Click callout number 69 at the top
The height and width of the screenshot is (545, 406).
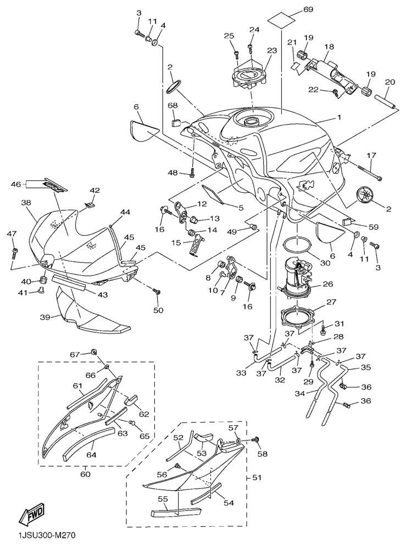pos(308,10)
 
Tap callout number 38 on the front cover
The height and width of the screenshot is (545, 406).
pos(25,203)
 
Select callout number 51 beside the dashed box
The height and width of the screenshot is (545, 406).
pos(256,477)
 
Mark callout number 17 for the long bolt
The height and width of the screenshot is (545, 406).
pos(371,156)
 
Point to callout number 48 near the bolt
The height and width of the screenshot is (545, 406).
pos(174,174)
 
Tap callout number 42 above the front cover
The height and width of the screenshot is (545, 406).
pos(94,191)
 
